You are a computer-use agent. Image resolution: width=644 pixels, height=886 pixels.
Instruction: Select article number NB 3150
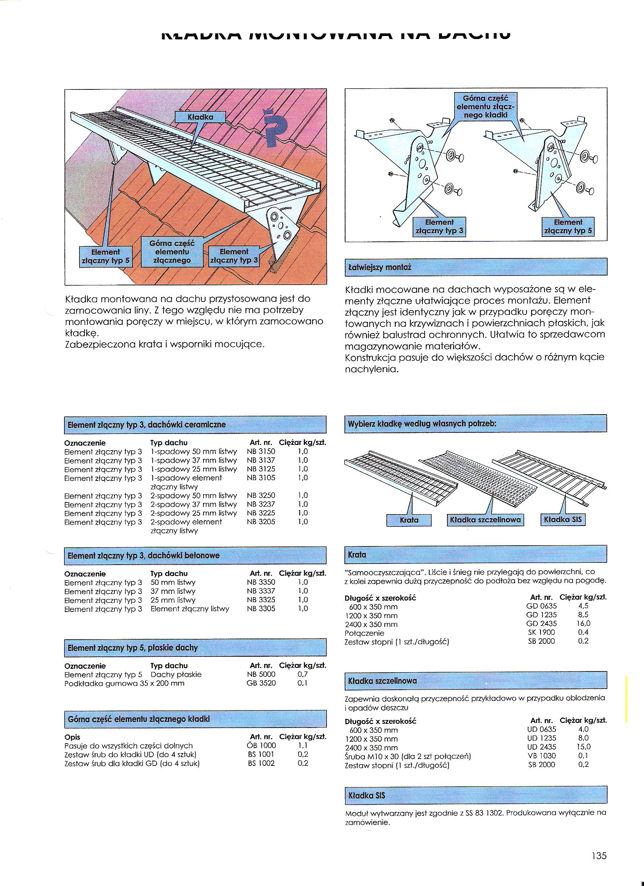point(261,452)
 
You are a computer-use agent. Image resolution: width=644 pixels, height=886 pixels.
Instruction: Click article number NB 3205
point(261,522)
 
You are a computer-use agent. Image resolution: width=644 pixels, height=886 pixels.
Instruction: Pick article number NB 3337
point(261,591)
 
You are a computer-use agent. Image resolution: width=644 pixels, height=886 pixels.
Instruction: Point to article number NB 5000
point(261,674)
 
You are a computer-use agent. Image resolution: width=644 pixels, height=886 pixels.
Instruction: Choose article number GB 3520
point(261,683)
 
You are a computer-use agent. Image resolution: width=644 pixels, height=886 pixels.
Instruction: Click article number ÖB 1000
point(261,745)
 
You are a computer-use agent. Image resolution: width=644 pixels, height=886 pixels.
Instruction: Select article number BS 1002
point(261,763)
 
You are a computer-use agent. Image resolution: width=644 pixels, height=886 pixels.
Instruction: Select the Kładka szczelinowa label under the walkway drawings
point(485,520)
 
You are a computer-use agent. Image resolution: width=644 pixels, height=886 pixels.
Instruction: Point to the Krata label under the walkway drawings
point(409,520)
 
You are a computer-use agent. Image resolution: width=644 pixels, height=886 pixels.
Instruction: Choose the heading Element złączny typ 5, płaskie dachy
point(133,647)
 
